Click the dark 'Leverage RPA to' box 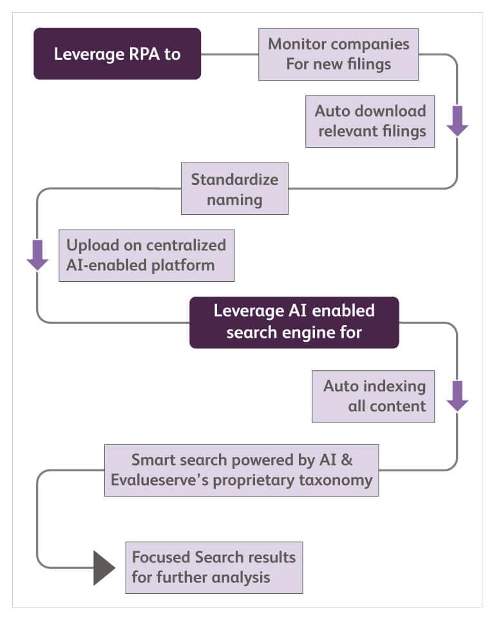[x=117, y=54]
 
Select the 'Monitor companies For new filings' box [x=338, y=54]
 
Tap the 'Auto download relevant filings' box [x=370, y=121]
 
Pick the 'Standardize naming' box [x=234, y=188]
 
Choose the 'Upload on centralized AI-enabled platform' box [x=146, y=255]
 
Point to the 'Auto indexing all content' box [x=373, y=396]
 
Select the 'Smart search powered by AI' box [x=241, y=470]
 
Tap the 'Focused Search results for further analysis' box [x=214, y=567]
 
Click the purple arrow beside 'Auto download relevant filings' [x=457, y=121]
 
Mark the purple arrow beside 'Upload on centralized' [x=37, y=255]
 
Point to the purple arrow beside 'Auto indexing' [x=457, y=396]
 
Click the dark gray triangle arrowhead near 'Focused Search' [x=103, y=567]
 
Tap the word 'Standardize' [x=234, y=179]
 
